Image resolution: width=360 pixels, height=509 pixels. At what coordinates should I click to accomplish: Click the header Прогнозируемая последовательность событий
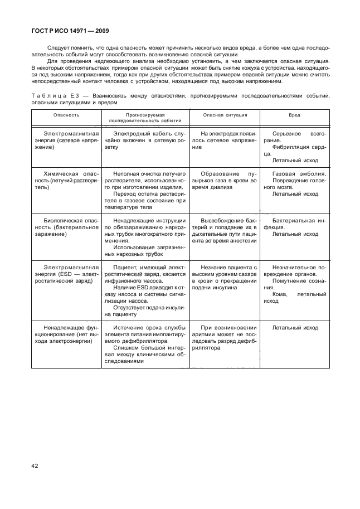point(145,117)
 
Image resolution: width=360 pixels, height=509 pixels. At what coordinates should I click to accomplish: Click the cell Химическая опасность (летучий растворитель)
point(66,181)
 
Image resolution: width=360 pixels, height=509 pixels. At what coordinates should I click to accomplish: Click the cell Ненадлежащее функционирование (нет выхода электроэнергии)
point(66,334)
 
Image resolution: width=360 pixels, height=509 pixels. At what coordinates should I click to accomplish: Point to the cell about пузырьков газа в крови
point(225,181)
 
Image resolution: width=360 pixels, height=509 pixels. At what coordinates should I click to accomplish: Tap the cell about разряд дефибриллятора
point(225,337)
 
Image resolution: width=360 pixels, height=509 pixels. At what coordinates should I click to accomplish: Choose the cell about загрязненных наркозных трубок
point(145,250)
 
